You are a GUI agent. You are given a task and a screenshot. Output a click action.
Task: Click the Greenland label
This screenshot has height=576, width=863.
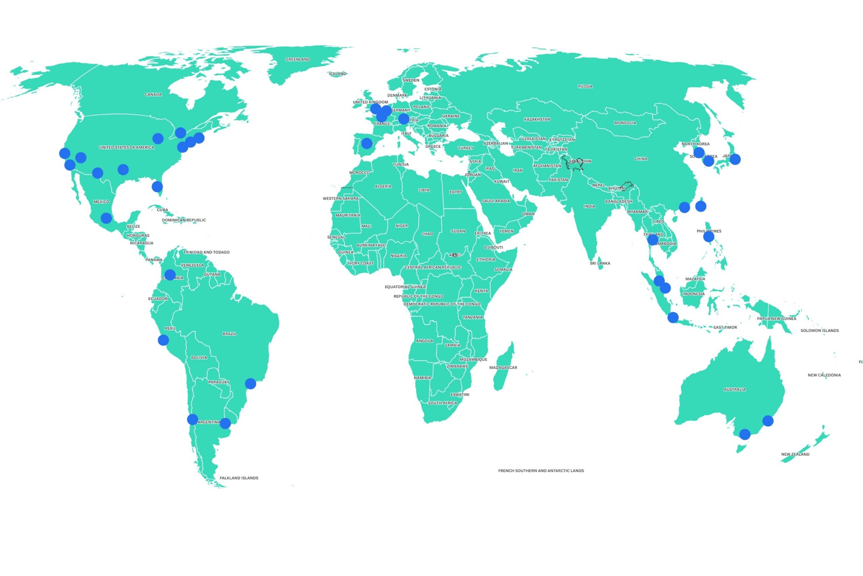297,60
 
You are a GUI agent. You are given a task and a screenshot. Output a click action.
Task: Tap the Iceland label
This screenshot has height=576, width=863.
337,74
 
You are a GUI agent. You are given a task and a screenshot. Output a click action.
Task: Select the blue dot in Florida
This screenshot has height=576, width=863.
157,187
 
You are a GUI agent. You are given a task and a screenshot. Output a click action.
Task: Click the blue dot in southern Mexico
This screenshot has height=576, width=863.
106,218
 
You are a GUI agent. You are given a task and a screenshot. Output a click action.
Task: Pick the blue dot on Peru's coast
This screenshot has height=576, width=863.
163,340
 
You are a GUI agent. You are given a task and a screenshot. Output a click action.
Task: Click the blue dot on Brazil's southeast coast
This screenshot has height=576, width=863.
251,384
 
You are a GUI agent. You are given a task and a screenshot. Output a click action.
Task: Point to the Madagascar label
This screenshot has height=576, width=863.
503,368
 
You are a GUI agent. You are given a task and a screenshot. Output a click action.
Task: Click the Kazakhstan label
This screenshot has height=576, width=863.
537,120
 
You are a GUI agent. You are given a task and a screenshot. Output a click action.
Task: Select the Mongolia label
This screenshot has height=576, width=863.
625,123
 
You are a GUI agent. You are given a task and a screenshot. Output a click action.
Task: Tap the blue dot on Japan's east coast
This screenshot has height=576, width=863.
735,160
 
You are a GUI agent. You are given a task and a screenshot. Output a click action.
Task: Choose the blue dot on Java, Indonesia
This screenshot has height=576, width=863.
673,317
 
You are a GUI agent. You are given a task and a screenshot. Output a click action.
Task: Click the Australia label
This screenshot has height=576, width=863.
734,389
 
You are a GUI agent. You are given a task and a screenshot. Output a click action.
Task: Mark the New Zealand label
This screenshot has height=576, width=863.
795,454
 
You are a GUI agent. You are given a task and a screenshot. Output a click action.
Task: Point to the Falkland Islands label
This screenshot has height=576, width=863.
239,478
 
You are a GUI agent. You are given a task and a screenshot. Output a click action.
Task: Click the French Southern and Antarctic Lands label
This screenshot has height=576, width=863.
541,471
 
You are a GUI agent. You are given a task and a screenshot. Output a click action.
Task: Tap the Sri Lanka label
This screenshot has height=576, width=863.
600,264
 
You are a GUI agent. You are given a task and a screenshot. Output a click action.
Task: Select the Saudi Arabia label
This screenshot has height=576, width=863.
496,201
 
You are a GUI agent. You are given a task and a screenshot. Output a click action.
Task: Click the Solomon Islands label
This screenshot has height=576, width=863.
819,331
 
